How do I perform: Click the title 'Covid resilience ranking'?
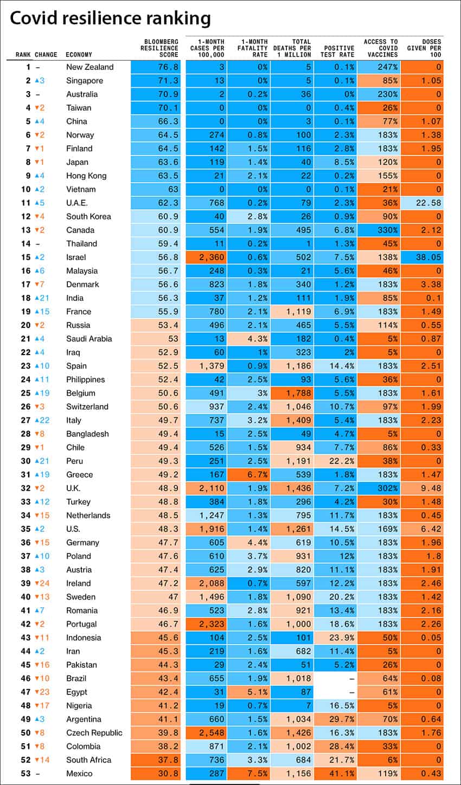click(x=110, y=18)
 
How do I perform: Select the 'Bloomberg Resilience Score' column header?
click(x=159, y=48)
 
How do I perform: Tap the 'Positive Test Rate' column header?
click(x=337, y=51)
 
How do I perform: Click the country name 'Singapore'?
click(x=85, y=81)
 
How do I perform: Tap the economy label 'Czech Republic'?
click(x=94, y=733)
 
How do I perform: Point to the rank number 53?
click(x=25, y=774)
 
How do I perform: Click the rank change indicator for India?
click(x=42, y=298)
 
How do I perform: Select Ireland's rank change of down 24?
click(x=42, y=583)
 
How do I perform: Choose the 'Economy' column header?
click(x=79, y=55)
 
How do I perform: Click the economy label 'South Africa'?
click(x=89, y=760)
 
